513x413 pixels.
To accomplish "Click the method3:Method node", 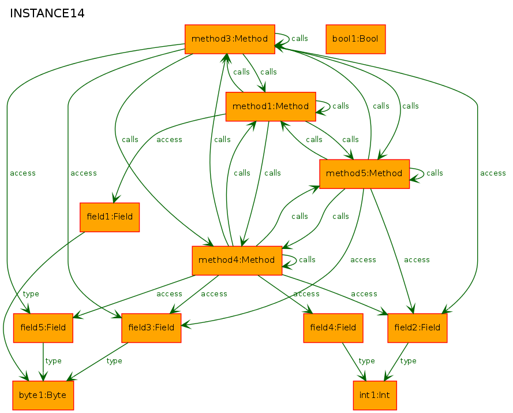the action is (230, 39).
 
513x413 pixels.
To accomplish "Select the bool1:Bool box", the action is (355, 39).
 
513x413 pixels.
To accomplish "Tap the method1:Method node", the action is (271, 106).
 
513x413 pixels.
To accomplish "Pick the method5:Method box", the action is (364, 174).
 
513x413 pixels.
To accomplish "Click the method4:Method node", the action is (237, 261).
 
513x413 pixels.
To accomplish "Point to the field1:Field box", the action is (110, 217).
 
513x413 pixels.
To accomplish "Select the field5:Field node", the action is (43, 328).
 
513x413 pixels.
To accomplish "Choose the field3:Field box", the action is (151, 328).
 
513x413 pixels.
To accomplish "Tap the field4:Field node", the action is (333, 328).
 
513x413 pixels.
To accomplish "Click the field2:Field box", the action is (417, 328).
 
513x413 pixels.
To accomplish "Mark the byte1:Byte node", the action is (43, 395).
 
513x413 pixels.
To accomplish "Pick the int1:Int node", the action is (375, 395).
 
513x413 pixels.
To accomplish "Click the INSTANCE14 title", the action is (47, 13).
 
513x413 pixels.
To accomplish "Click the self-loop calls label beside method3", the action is (299, 39).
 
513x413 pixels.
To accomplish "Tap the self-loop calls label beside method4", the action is (307, 260).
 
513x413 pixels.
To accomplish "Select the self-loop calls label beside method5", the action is (435, 173).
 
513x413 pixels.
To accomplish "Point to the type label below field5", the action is (53, 361).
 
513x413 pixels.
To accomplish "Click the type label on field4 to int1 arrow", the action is (367, 361).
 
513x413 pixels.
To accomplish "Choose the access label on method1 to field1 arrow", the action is (169, 140).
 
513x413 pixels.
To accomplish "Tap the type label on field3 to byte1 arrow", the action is (114, 361).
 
